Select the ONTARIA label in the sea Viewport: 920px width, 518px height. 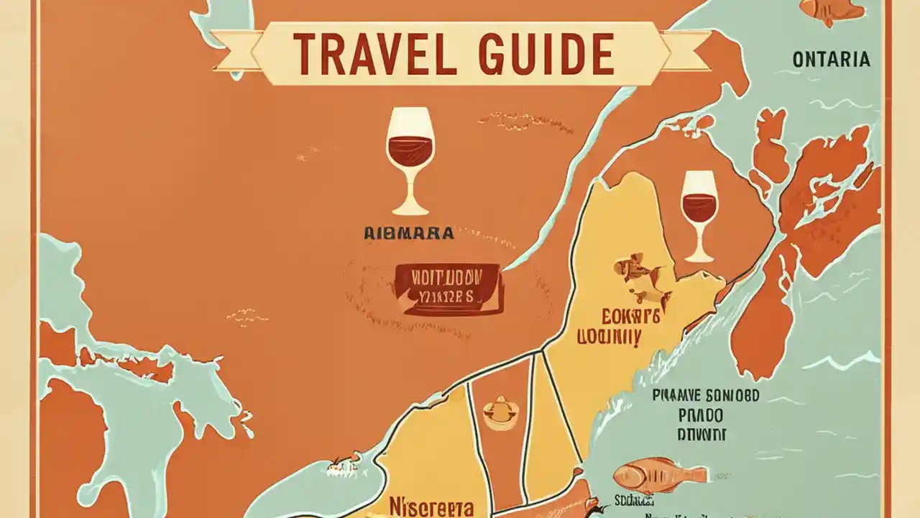pyautogui.click(x=831, y=60)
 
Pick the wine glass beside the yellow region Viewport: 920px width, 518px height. pyautogui.click(x=699, y=214)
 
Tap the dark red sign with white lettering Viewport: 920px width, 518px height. pyautogui.click(x=447, y=288)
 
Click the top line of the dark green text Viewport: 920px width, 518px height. pyautogui.click(x=706, y=396)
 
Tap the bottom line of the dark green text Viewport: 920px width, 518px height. pyautogui.click(x=701, y=435)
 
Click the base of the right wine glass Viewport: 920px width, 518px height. pyautogui.click(x=699, y=257)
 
